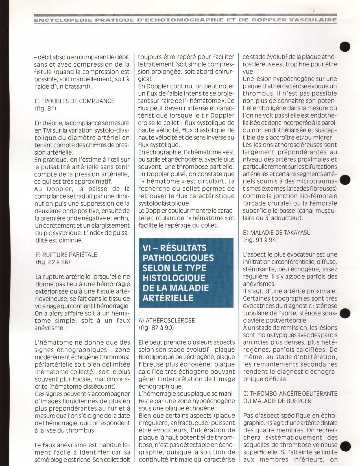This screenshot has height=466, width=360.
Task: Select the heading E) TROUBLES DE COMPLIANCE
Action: tap(75, 101)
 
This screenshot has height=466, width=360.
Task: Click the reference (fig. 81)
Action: tap(45, 108)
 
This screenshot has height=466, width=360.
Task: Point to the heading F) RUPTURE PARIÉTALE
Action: tap(66, 255)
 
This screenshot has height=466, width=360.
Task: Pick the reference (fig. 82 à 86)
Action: tap(53, 262)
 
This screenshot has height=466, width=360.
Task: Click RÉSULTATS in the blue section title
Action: tap(183, 248)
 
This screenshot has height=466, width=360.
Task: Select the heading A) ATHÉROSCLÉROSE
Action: tap(167, 321)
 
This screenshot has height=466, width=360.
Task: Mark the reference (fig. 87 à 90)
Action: tap(156, 328)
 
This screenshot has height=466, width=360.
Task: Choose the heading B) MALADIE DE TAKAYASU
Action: tap(277, 233)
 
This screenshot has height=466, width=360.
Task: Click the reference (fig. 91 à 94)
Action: tap(260, 240)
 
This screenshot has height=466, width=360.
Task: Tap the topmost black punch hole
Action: tap(345, 47)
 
